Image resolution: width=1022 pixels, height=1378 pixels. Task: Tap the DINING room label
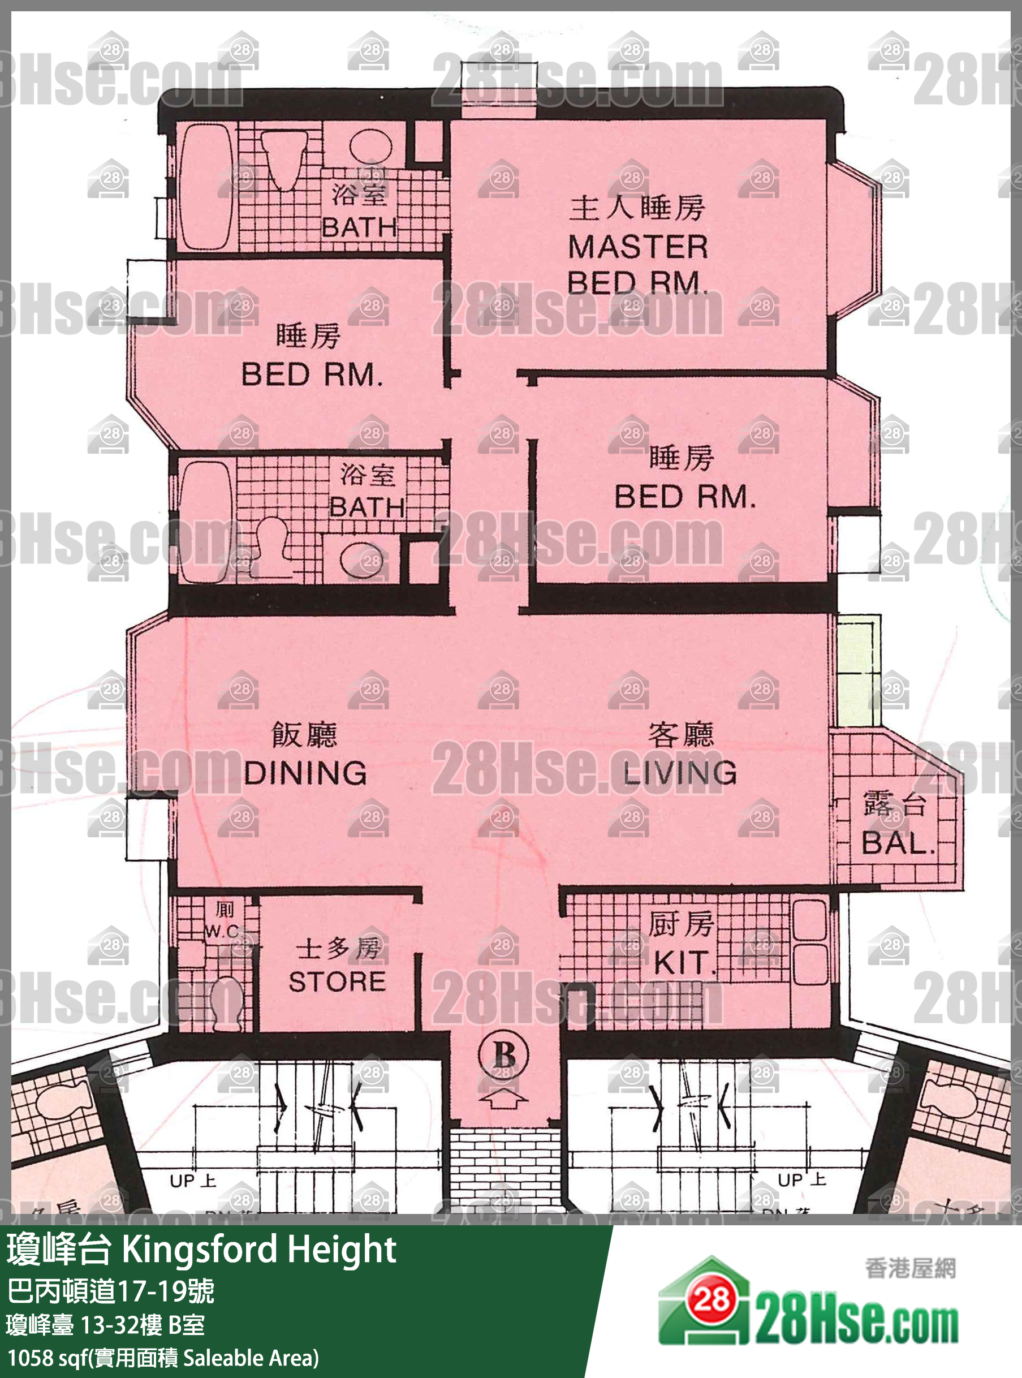(305, 772)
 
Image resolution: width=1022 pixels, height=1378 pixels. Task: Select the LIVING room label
(679, 772)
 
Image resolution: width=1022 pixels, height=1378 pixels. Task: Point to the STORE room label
(337, 981)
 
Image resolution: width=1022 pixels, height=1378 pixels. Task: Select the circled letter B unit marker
(503, 1055)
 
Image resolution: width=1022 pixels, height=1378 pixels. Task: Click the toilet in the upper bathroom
(284, 158)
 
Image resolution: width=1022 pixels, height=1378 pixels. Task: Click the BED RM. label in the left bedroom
(311, 374)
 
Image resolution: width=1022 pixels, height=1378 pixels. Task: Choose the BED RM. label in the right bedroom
(684, 496)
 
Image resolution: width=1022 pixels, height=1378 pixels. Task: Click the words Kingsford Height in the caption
(258, 1249)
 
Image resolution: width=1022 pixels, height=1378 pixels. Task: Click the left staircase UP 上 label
(192, 1180)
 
